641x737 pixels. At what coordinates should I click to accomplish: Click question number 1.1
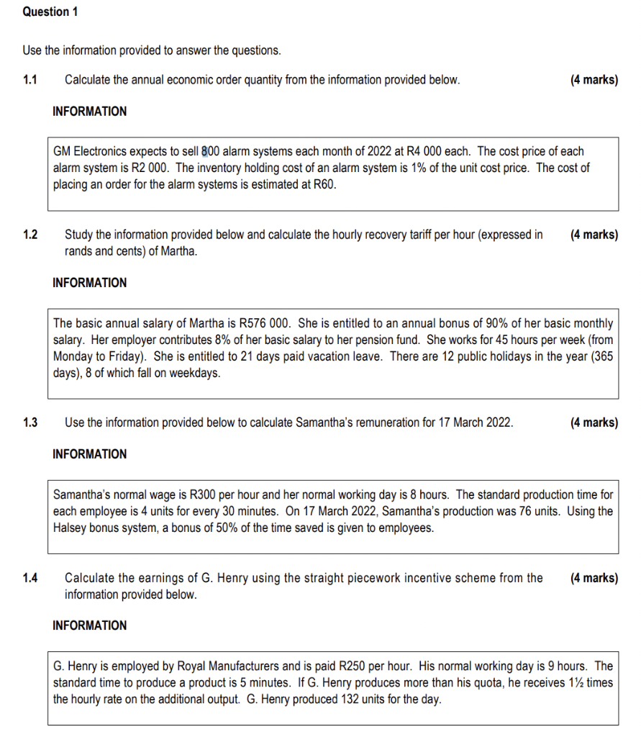[29, 80]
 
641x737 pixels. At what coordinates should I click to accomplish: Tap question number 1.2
[29, 235]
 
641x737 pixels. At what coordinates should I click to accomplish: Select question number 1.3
[29, 422]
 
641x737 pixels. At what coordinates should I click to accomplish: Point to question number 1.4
[29, 578]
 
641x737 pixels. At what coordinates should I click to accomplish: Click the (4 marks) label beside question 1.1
[594, 80]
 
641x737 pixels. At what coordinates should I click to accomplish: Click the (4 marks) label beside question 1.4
[594, 578]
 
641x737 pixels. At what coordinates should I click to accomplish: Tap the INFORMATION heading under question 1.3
[89, 454]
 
